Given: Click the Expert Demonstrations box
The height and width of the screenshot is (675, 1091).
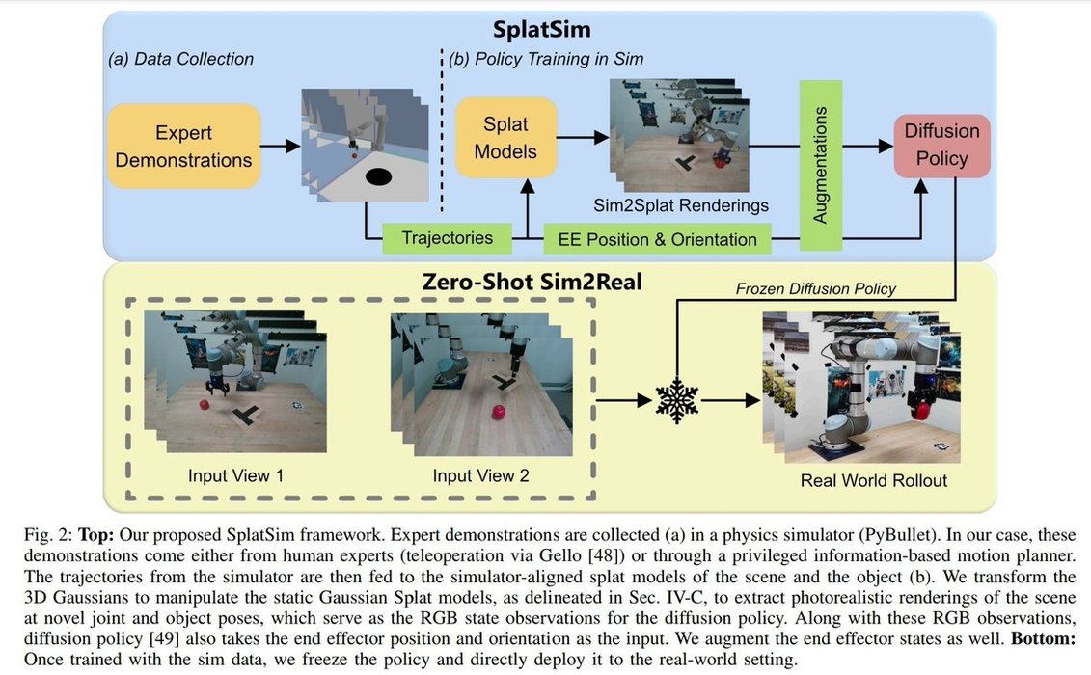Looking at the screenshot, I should (x=183, y=147).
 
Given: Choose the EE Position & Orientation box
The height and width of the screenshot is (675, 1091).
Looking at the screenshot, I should (x=658, y=238).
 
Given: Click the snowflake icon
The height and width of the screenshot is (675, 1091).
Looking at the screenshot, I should (x=676, y=399).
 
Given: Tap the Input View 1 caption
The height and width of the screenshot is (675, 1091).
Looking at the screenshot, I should (x=236, y=475).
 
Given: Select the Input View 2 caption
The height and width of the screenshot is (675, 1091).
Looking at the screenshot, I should (x=480, y=475).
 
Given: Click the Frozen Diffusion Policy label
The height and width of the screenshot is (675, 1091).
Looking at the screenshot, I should (x=816, y=288).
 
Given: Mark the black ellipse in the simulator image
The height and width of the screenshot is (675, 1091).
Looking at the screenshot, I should (x=377, y=176).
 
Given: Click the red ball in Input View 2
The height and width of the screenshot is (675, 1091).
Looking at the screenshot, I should (x=499, y=413).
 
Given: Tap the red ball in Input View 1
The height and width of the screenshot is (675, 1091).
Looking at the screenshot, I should (x=205, y=405).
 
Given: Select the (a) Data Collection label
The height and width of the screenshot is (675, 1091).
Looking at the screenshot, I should (x=180, y=59).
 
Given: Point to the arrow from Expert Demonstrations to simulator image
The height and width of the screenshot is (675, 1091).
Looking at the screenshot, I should (x=280, y=147).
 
